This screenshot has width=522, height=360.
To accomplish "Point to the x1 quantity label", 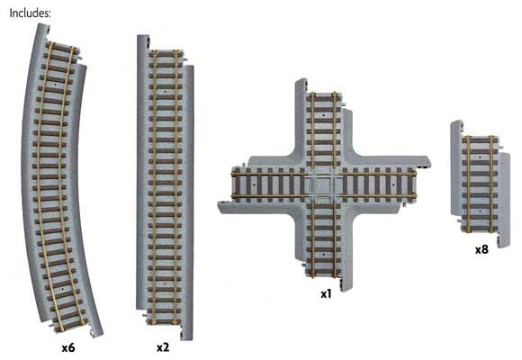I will point(326,293).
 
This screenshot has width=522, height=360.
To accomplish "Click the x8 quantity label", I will point(481,249).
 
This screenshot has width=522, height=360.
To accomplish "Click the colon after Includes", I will point(49,13).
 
